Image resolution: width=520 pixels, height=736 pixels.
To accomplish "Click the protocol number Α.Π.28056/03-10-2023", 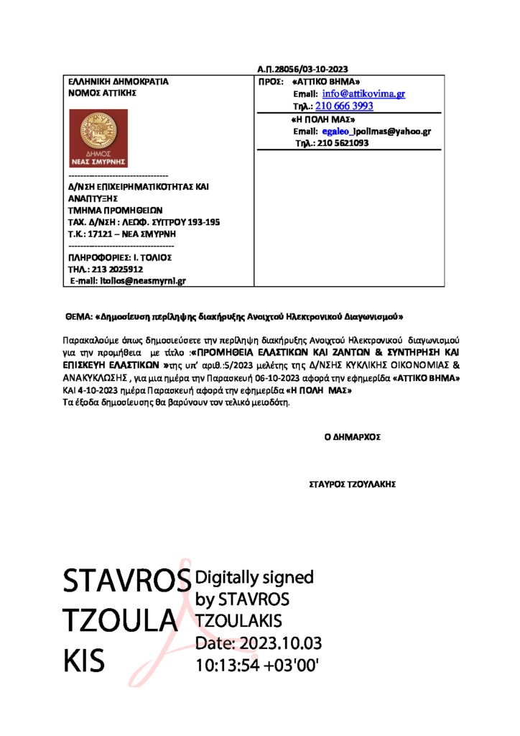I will (302, 69).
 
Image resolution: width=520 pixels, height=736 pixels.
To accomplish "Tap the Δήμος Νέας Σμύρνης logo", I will (98, 139).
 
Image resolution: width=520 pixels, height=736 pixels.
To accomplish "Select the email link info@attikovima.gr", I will (363, 94).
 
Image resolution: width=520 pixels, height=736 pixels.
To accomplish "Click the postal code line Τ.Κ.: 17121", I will (123, 234).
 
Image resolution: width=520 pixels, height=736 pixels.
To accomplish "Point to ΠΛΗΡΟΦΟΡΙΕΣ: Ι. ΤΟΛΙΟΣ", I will (119, 257).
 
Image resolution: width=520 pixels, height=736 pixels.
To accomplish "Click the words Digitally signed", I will (255, 577).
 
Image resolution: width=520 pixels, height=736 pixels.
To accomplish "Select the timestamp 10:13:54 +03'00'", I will (257, 664).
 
